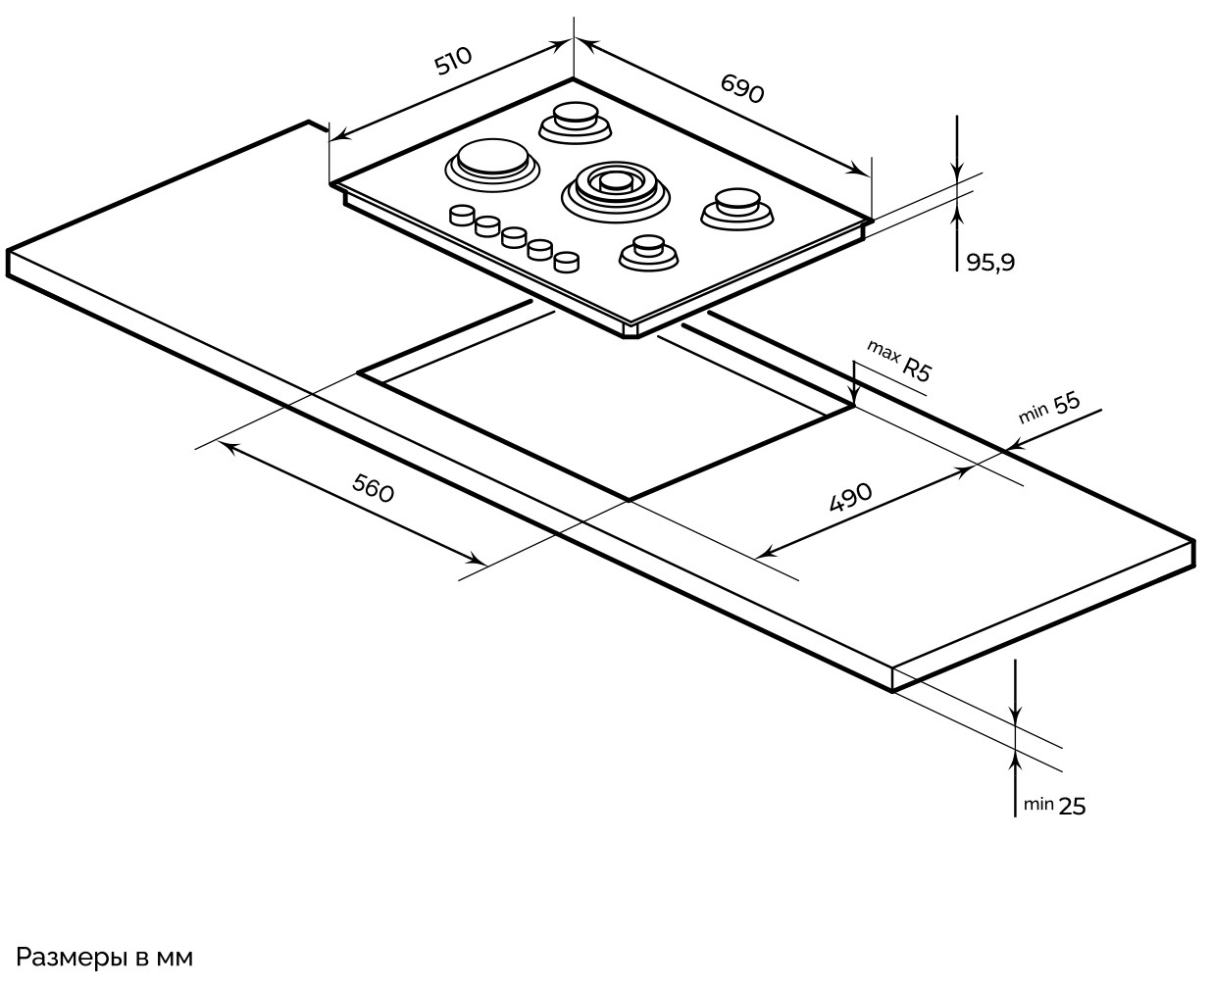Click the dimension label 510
tap(453, 60)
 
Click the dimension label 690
tap(742, 88)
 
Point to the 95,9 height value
tap(990, 262)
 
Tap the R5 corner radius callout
tap(917, 370)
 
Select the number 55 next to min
tap(1066, 402)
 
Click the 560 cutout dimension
tap(373, 488)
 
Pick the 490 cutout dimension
tap(850, 497)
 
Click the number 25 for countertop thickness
tap(1072, 807)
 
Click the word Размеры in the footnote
tap(72, 958)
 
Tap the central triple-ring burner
tap(615, 190)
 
